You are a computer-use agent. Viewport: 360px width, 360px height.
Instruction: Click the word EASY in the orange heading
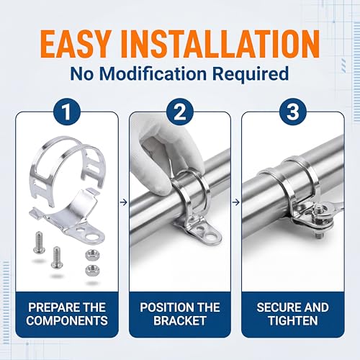[76, 44]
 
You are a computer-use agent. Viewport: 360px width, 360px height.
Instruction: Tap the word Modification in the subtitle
[153, 73]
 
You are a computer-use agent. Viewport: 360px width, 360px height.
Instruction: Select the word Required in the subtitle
[251, 74]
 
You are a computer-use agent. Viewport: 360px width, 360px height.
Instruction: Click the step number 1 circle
[67, 112]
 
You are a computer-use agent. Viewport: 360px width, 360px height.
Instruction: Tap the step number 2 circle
[180, 112]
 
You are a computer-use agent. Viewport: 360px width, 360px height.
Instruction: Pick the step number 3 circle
[293, 112]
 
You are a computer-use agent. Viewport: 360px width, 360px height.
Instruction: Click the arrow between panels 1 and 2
[123, 202]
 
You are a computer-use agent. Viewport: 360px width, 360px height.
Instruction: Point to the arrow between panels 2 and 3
[236, 202]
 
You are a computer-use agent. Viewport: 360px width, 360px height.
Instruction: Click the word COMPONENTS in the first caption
[67, 320]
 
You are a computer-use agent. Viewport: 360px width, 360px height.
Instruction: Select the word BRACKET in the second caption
[180, 320]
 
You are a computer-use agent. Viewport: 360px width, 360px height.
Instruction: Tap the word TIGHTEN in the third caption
[293, 320]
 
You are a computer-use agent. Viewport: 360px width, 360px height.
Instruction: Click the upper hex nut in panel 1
[92, 255]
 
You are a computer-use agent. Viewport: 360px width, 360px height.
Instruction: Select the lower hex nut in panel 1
[92, 270]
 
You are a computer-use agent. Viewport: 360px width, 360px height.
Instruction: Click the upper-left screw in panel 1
[39, 242]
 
